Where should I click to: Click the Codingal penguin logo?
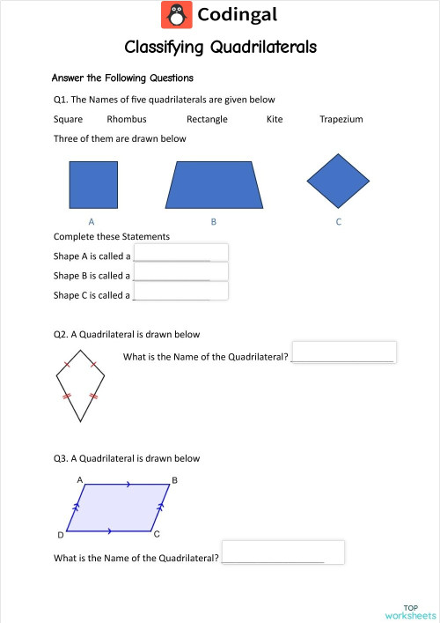coord(176,15)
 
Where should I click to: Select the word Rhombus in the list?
coord(127,119)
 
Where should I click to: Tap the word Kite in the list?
coord(275,119)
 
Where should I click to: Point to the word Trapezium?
coord(341,119)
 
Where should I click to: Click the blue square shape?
coord(93,184)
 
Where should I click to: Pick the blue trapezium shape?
coord(215,184)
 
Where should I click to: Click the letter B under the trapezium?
coord(214,222)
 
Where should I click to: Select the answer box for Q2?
coord(344,352)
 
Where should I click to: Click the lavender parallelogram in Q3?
coord(117,507)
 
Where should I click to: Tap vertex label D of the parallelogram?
coord(60,535)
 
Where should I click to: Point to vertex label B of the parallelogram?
coord(174,480)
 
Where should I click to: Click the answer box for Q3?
coord(282,553)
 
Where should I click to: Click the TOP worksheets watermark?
coord(409,612)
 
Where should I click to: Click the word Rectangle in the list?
coord(207,119)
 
